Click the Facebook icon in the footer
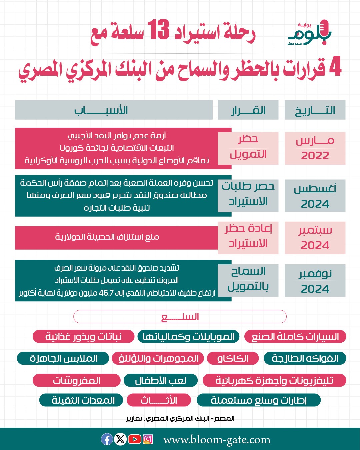tap(107, 439)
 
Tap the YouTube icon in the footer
tap(134, 439)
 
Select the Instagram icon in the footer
tap(148, 439)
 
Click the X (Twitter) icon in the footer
tap(120, 439)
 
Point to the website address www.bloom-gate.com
tap(217, 440)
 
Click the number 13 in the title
tap(159, 31)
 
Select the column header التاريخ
tap(315, 110)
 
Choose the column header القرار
tap(248, 110)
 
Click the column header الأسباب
tap(101, 110)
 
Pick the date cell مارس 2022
tap(315, 148)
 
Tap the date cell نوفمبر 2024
tap(315, 281)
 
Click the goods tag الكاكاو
tap(233, 358)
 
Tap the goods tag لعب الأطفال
tap(161, 380)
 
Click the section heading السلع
tap(180, 317)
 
